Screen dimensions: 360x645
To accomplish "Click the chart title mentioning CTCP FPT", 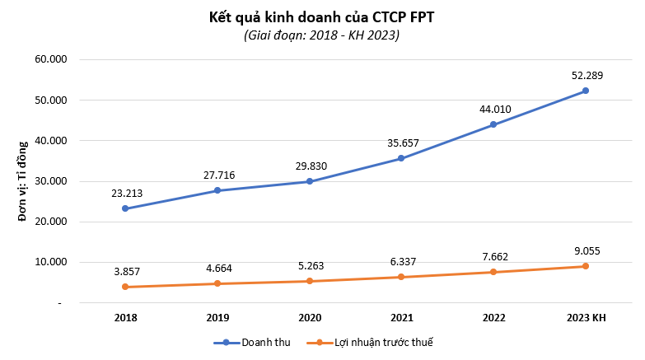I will [x=321, y=16].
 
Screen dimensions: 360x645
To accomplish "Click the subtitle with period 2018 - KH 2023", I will [x=321, y=35].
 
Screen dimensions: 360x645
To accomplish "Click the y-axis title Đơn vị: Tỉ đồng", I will [x=23, y=181].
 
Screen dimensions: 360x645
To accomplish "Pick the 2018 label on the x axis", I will [x=125, y=318].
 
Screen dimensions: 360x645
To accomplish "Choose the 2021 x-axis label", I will [x=401, y=318].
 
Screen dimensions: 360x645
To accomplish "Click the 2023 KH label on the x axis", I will [x=585, y=318].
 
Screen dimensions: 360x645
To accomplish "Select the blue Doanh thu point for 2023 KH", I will [x=586, y=91].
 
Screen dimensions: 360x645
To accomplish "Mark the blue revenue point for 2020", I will [x=310, y=181].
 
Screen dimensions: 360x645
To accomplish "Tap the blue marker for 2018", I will [x=125, y=208].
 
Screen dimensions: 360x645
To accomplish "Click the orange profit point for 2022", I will [x=493, y=272].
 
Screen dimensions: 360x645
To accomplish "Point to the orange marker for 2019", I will [x=217, y=283].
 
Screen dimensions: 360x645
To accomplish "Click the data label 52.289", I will [x=587, y=76].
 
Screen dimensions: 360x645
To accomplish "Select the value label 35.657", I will [x=403, y=143].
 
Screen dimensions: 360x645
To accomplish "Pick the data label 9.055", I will [x=587, y=250].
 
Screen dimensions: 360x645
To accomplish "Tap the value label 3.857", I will [x=127, y=271].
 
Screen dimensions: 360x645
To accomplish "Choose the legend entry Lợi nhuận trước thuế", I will [x=375, y=342].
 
